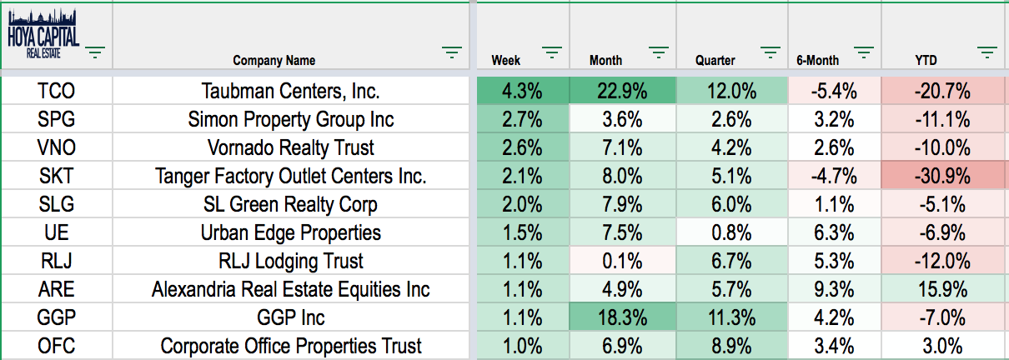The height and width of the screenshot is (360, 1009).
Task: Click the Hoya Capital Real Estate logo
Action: pyautogui.click(x=43, y=33)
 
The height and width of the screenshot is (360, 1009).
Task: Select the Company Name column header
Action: pyautogui.click(x=274, y=61)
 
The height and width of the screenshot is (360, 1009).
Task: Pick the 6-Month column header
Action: pyautogui.click(x=817, y=61)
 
